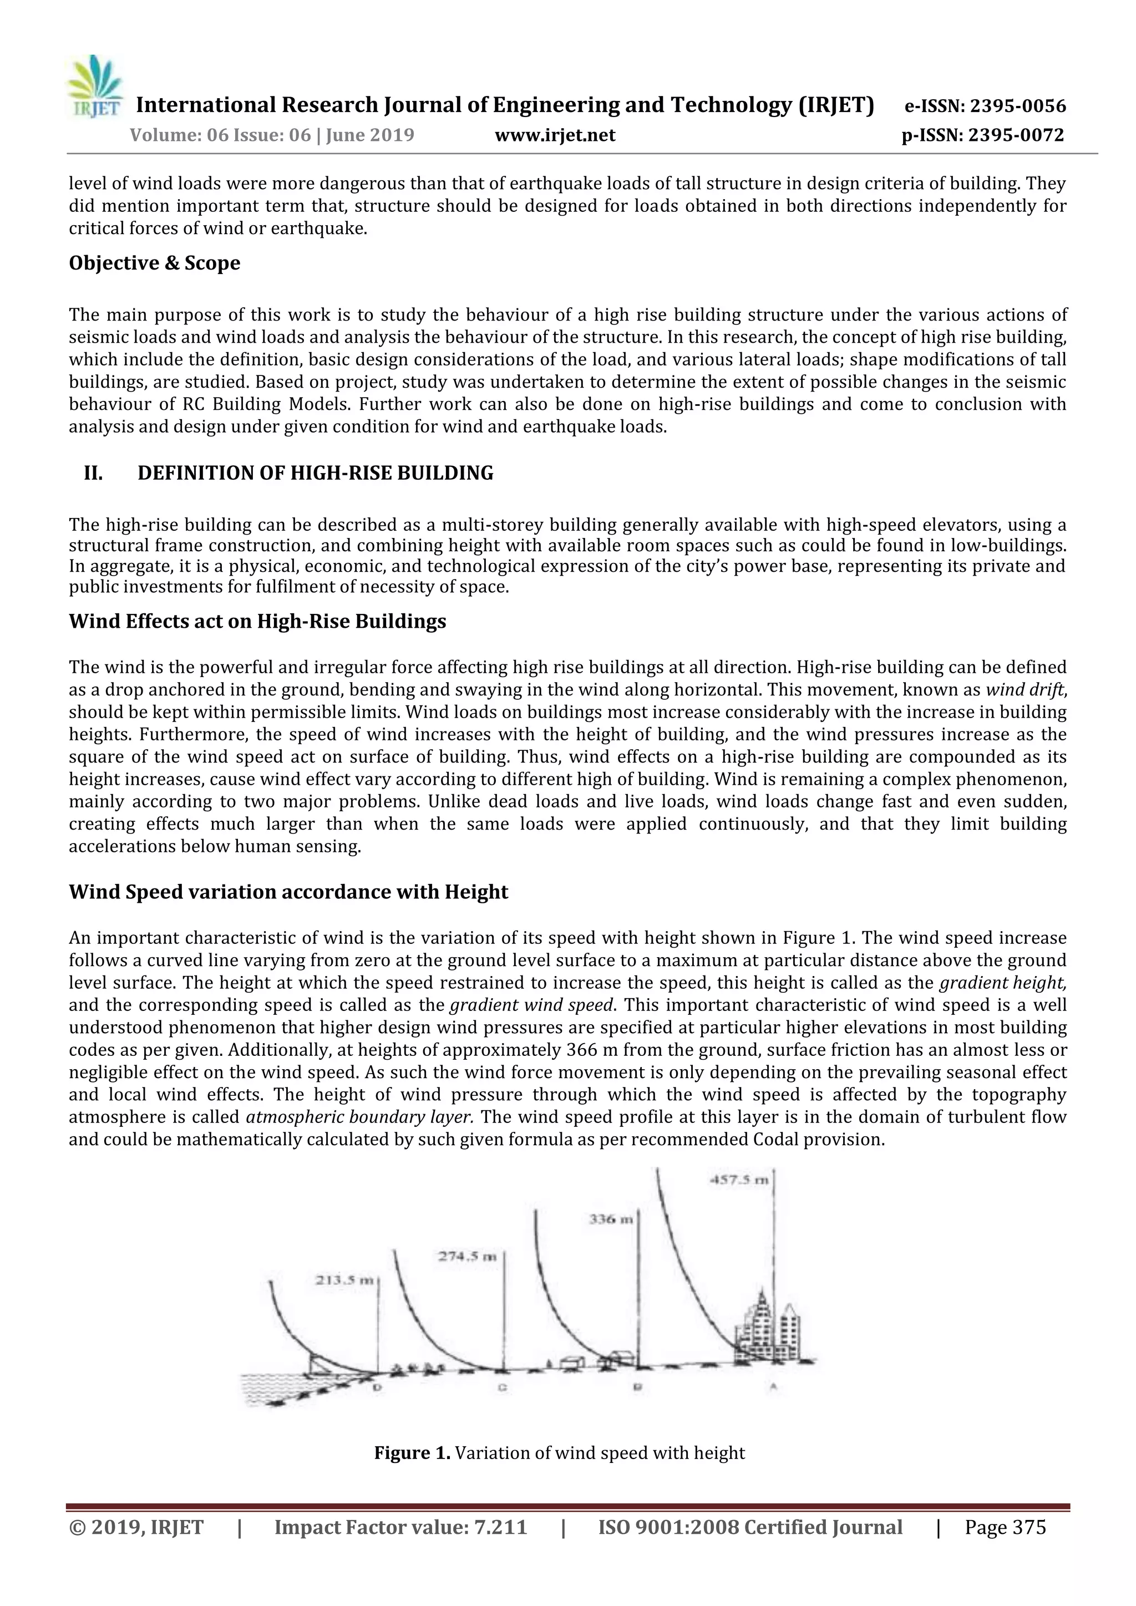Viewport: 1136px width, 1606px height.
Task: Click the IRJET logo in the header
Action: [94, 88]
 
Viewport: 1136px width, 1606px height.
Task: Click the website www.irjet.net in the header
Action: [555, 135]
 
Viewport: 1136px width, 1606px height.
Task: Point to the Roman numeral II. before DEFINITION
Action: [93, 474]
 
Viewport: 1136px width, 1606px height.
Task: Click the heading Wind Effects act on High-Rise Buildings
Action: [257, 622]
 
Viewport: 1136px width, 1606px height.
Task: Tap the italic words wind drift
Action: [1025, 690]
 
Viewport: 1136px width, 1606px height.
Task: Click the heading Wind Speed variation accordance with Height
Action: [288, 892]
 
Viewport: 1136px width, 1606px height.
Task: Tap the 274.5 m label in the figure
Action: [466, 1256]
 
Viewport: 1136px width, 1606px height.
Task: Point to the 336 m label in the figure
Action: [611, 1219]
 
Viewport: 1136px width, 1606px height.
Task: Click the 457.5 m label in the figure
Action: [739, 1180]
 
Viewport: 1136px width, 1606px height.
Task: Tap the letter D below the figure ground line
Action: [378, 1387]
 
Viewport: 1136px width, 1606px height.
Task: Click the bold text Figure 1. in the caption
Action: [412, 1453]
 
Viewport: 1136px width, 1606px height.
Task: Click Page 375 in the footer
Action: [1005, 1528]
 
